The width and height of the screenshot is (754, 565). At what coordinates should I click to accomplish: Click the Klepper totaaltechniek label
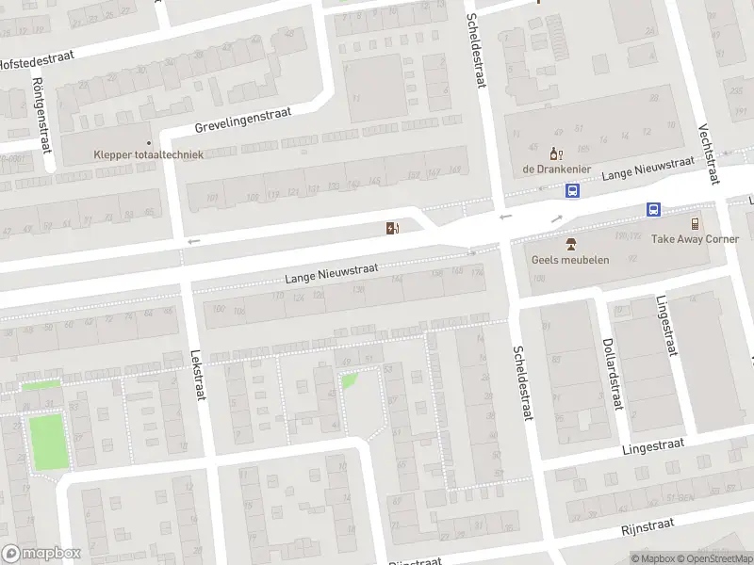pos(148,154)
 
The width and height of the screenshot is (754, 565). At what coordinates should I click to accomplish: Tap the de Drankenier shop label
pos(556,169)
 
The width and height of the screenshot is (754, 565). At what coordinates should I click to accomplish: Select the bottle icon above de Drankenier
pos(556,153)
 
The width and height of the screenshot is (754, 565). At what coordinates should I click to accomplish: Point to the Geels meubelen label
pos(570,259)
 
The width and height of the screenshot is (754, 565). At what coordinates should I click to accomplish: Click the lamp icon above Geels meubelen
pos(570,244)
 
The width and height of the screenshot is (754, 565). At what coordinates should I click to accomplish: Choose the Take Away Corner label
pos(695,239)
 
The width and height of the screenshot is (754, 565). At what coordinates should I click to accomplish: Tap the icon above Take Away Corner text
pos(695,223)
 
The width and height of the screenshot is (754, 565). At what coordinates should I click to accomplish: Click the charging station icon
pos(391,228)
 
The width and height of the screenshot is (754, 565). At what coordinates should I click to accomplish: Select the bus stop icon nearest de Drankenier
pos(572,190)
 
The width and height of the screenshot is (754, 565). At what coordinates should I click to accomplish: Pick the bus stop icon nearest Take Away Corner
pos(652,209)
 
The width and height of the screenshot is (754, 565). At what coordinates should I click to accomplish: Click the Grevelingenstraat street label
pos(243,120)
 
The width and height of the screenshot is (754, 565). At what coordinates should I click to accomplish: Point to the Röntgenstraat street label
pos(41,115)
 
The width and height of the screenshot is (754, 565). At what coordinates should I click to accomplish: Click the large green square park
pos(48,442)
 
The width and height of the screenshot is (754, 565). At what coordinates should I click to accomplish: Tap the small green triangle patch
pos(349,380)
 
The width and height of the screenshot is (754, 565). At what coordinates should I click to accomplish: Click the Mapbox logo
pos(41,554)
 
